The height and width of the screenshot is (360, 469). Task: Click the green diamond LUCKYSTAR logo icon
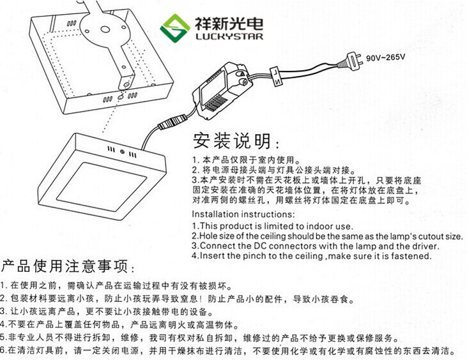tap(175, 27)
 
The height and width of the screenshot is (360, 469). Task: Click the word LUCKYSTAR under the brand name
tap(224, 37)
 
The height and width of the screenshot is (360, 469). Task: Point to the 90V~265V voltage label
tap(387, 57)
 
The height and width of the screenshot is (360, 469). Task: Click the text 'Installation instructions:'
tap(243, 214)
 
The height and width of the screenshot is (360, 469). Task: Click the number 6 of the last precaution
tap(3, 351)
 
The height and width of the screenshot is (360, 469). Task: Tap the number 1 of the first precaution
tap(3, 285)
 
